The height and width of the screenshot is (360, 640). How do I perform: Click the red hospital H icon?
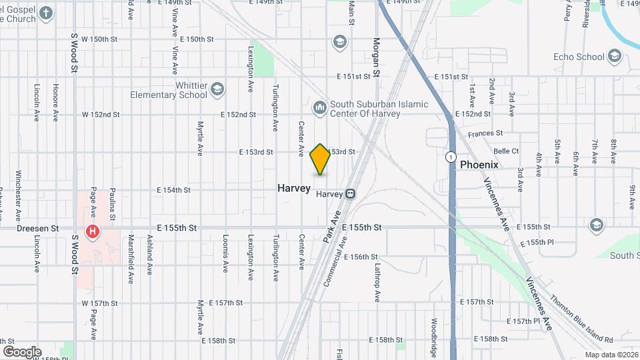[93, 232]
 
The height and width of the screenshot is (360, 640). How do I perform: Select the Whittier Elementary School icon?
[217, 89]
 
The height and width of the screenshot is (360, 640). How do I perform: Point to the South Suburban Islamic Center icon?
[319, 107]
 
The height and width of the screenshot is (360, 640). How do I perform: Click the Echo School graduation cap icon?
[613, 57]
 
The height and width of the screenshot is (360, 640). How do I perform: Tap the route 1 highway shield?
[451, 157]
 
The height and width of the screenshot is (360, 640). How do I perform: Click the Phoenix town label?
[479, 164]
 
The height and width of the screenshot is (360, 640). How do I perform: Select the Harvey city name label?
[294, 189]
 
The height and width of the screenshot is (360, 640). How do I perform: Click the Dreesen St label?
[38, 228]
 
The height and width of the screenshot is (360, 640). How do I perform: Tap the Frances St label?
[485, 134]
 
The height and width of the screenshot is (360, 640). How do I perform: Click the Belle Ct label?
[506, 151]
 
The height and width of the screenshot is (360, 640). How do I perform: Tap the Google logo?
[22, 351]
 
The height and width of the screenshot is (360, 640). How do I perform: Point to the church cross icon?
[45, 13]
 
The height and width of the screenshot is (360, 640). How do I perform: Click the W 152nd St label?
[101, 115]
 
